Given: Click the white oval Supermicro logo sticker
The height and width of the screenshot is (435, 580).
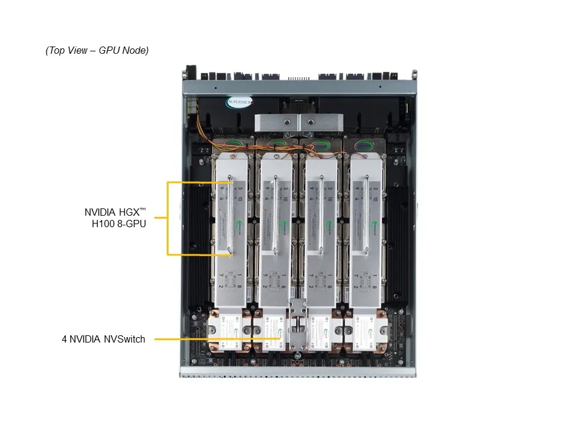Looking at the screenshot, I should (240, 102).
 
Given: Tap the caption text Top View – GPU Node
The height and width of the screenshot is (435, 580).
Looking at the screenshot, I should (97, 51).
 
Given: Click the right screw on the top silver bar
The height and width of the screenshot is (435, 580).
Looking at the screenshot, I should (311, 121).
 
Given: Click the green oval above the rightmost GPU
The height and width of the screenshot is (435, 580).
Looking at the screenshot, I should (364, 144).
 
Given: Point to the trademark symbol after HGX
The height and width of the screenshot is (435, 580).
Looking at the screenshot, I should (143, 210).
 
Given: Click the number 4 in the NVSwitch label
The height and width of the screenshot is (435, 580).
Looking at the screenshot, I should (64, 340).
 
